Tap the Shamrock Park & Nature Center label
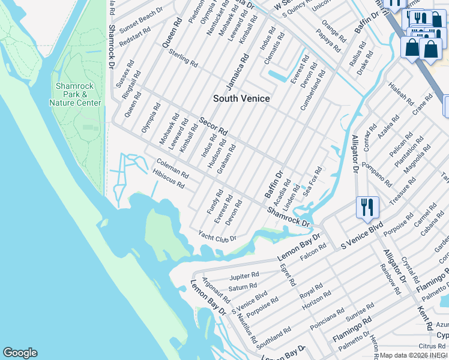(75, 94)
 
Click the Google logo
(20, 353)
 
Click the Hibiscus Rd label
(169, 179)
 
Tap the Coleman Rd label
(172, 168)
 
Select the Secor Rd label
(214, 125)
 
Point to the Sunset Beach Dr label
(140, 21)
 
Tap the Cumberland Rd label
(313, 90)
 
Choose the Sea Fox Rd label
(312, 182)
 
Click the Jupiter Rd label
(244, 277)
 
